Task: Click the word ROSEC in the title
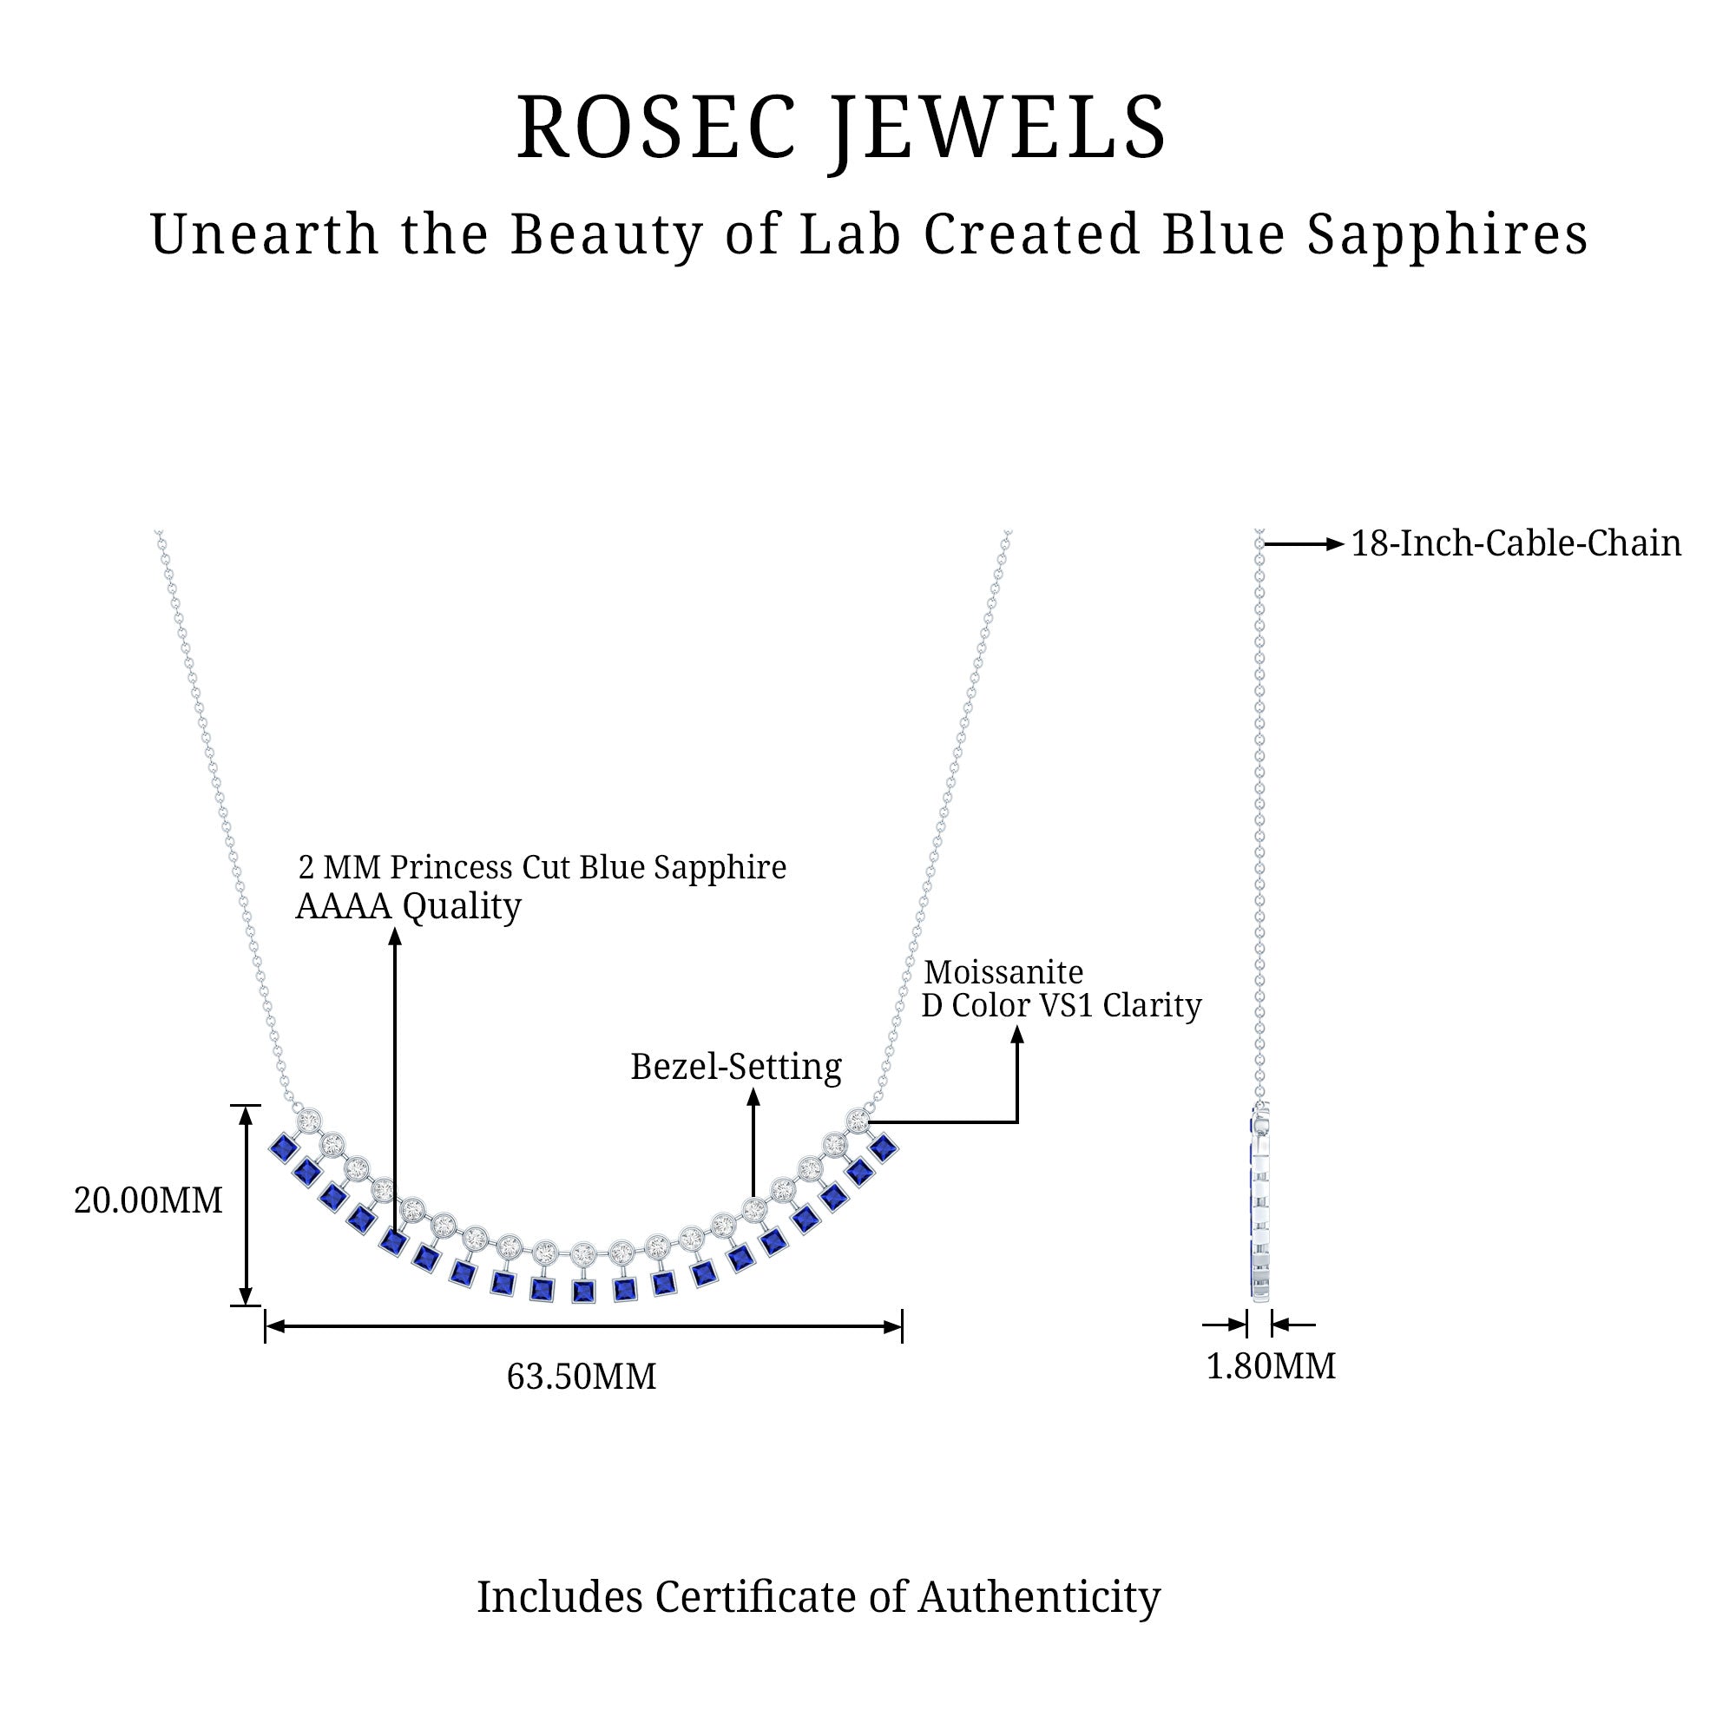coord(657,128)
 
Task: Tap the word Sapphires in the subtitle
coord(1448,235)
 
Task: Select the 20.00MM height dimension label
coord(148,1201)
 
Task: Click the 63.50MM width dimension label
coord(582,1377)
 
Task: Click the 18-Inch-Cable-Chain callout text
coord(1516,543)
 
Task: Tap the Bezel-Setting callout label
coord(736,1068)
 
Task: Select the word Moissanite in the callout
coord(1003,972)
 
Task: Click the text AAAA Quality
coord(408,907)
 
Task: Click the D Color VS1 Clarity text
coord(1062,1005)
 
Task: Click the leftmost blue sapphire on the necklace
coord(284,1147)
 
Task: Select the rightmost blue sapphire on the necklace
coord(884,1147)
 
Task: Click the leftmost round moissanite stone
coord(309,1121)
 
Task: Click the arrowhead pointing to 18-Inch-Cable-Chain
coord(1335,543)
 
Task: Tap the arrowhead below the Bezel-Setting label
coord(754,1097)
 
